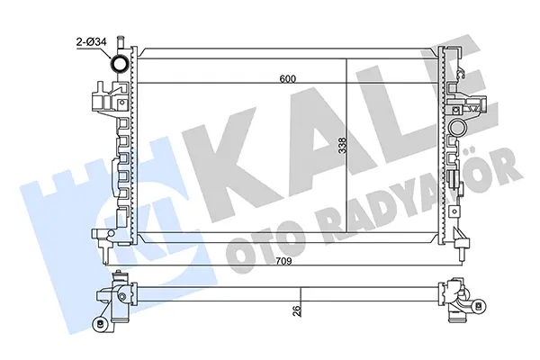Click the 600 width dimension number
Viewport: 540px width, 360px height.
[x=287, y=79]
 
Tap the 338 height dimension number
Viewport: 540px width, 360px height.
[x=342, y=146]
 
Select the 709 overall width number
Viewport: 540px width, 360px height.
[x=283, y=261]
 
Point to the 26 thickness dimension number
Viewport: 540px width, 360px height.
[x=297, y=310]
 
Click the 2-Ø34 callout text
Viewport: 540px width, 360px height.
[x=91, y=42]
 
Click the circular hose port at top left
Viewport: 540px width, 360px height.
[x=119, y=64]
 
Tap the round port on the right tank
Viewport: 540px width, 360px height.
[x=457, y=127]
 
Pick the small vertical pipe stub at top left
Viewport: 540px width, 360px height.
[x=121, y=42]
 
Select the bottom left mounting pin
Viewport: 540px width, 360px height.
[x=105, y=255]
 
